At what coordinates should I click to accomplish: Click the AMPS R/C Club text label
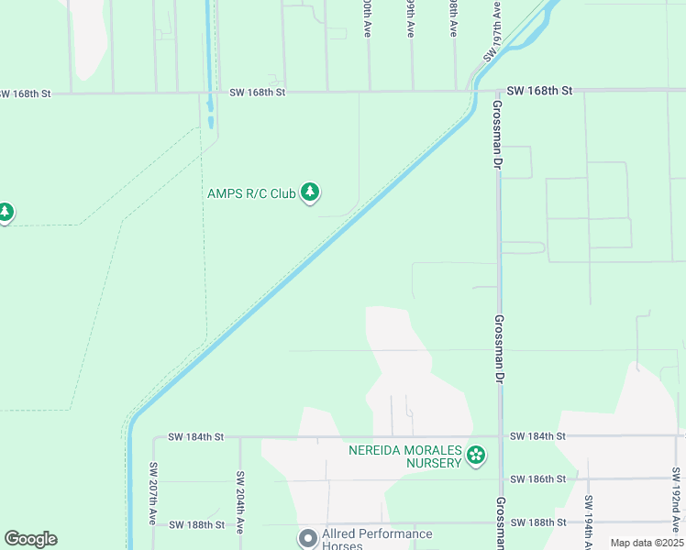click(251, 193)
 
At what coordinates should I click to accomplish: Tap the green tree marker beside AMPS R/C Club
click(311, 192)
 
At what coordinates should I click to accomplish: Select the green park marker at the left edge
click(6, 213)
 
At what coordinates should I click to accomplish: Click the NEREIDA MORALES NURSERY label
click(404, 456)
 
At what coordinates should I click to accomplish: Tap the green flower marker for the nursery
click(475, 456)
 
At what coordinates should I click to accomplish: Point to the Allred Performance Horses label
click(377, 539)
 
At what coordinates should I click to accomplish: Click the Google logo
click(30, 539)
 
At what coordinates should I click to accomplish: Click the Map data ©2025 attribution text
click(647, 543)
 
